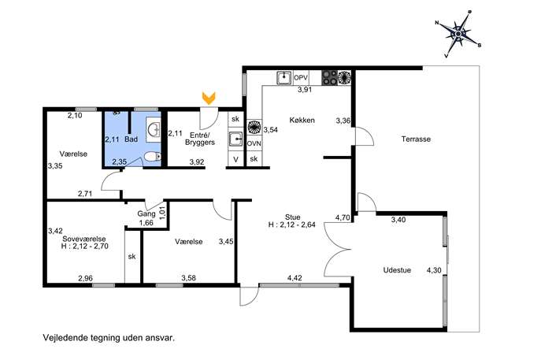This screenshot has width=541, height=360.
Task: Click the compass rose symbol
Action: (x=458, y=34)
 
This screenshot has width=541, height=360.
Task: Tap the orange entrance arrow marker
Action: (x=209, y=98)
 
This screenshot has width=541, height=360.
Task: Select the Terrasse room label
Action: (x=416, y=139)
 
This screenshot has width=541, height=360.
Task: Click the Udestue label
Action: (x=397, y=270)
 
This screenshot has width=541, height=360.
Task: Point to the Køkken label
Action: (x=302, y=120)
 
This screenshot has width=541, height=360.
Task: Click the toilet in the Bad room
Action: (x=152, y=157)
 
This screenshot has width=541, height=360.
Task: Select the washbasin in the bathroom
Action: (x=154, y=130)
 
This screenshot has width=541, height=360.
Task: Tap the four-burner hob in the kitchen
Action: (x=329, y=78)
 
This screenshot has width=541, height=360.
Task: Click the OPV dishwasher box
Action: (x=301, y=78)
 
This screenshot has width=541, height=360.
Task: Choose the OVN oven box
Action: (x=254, y=143)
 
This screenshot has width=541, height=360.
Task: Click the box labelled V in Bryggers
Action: (x=235, y=159)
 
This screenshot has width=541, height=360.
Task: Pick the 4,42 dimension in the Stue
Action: (x=295, y=278)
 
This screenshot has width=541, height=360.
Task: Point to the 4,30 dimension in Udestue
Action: (x=434, y=270)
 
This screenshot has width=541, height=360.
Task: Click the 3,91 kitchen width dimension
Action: (x=305, y=90)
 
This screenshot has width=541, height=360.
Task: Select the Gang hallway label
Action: (x=146, y=214)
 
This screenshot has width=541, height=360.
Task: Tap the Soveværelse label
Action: (x=83, y=239)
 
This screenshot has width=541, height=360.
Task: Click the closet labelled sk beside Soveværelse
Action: (x=132, y=257)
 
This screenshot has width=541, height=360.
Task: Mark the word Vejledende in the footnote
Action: (x=64, y=338)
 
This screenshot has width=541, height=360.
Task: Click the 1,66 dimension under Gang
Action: (x=146, y=223)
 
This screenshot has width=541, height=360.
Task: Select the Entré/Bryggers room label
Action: (x=200, y=139)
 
